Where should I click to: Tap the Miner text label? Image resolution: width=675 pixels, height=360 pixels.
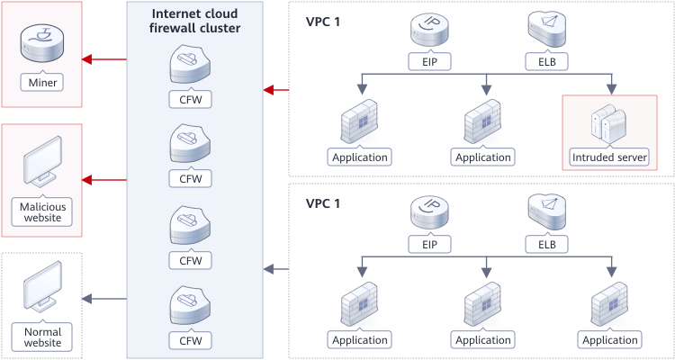pos(41,84)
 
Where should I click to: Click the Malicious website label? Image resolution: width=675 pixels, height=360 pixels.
pos(42,211)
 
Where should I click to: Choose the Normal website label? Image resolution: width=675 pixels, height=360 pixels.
pos(42,337)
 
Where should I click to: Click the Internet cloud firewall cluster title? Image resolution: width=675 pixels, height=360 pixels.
pos(196,21)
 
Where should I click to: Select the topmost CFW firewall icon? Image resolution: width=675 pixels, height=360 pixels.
pos(191,64)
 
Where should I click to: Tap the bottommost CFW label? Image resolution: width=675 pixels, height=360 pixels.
pos(191,340)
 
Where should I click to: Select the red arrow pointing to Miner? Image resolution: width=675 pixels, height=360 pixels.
pos(103,60)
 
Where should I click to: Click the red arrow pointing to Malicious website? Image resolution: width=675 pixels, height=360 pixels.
pos(103,179)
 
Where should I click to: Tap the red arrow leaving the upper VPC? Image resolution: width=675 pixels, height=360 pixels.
pos(275,89)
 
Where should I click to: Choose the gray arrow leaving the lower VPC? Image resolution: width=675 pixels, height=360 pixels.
pos(275,268)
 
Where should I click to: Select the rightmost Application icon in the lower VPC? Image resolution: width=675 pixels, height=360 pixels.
pos(611,306)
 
